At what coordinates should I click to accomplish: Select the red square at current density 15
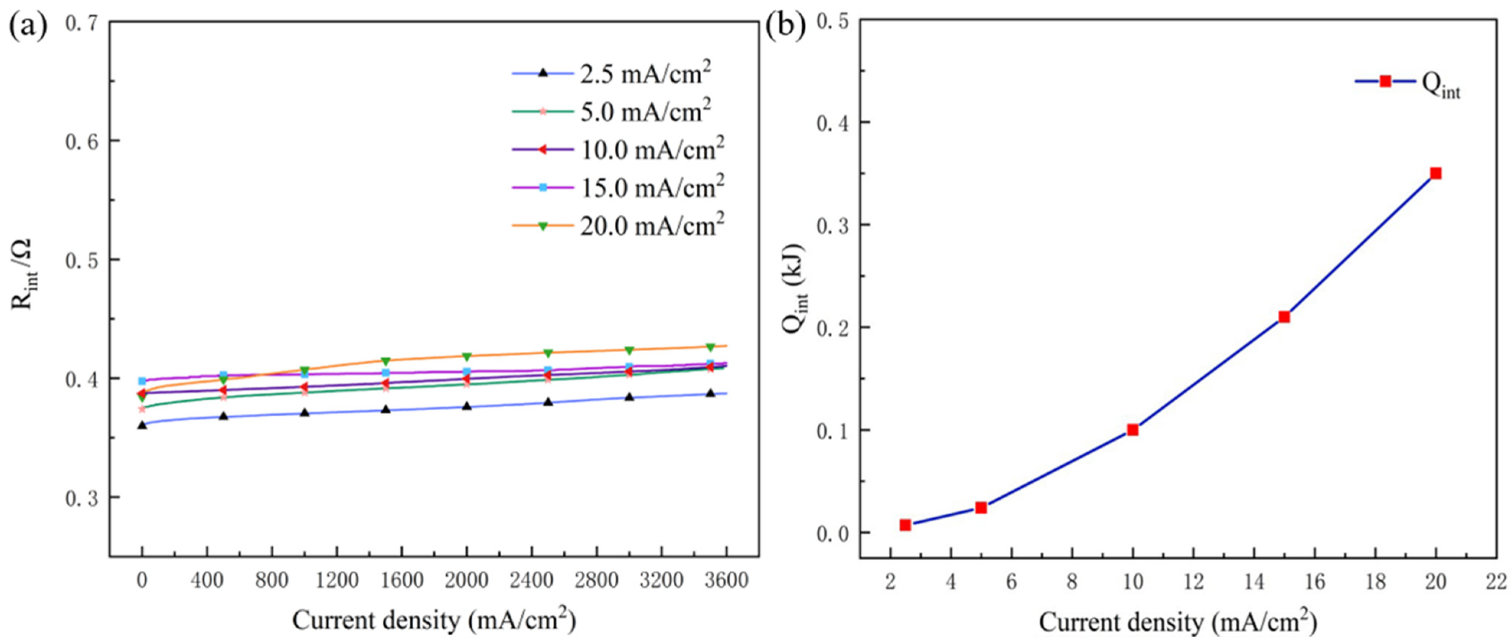1284,317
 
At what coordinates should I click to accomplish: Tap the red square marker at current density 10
1133,430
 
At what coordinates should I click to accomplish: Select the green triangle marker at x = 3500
710,347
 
